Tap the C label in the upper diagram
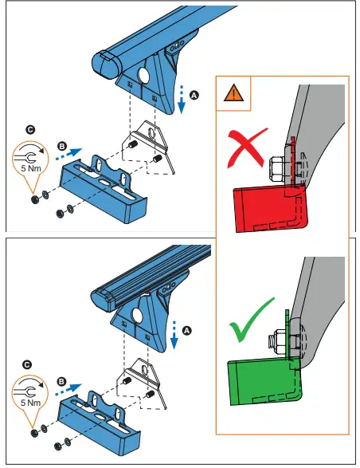tap(30, 128)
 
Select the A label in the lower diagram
tap(187, 328)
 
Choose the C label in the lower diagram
tap(28, 364)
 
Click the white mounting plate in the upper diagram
tap(151, 144)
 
